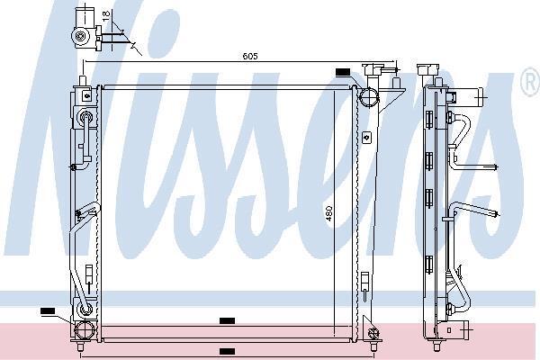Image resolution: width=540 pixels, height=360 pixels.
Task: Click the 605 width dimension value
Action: [250, 56]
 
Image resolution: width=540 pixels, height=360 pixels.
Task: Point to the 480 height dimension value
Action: [328, 213]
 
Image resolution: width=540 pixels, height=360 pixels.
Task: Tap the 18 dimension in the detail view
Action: [106, 14]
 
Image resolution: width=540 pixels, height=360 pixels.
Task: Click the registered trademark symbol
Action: [530, 82]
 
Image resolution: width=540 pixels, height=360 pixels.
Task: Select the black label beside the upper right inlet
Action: [342, 72]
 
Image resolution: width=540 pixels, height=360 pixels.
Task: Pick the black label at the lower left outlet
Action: [48, 311]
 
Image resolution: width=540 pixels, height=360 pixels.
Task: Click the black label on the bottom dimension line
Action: [228, 351]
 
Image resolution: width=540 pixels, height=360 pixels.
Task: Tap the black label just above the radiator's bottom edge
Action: [228, 320]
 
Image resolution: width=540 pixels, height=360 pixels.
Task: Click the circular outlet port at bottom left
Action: [84, 330]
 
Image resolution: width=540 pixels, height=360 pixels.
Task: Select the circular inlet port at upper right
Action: [369, 96]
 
